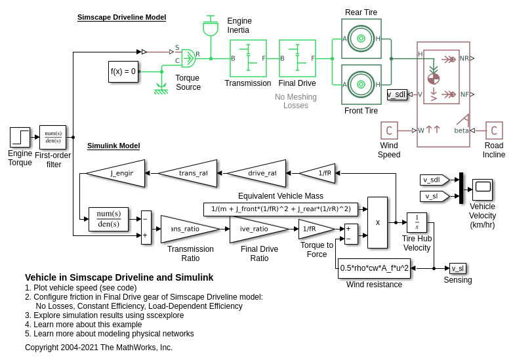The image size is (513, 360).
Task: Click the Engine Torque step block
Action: (x=20, y=137)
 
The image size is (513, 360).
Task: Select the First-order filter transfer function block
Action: (x=52, y=137)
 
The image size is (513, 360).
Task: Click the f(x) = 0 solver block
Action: (x=123, y=71)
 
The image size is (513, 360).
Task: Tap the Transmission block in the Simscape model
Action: (x=248, y=58)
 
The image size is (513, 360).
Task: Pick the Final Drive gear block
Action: (x=297, y=58)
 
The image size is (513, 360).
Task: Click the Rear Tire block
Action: (x=361, y=38)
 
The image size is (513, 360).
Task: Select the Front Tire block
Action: (x=361, y=84)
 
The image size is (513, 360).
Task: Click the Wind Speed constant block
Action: (x=389, y=130)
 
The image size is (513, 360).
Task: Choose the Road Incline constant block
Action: (x=494, y=130)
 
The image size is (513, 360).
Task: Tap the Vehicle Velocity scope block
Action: (x=482, y=190)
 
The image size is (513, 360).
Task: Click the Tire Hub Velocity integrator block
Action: (x=417, y=222)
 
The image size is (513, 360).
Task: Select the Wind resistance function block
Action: (x=374, y=268)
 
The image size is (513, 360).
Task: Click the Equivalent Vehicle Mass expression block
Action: (x=281, y=209)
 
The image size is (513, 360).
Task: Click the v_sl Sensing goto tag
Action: (x=458, y=268)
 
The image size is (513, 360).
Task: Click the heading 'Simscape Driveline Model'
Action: (x=121, y=17)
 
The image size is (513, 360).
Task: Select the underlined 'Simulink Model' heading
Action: (x=113, y=146)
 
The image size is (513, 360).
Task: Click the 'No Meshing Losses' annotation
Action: (x=296, y=101)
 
